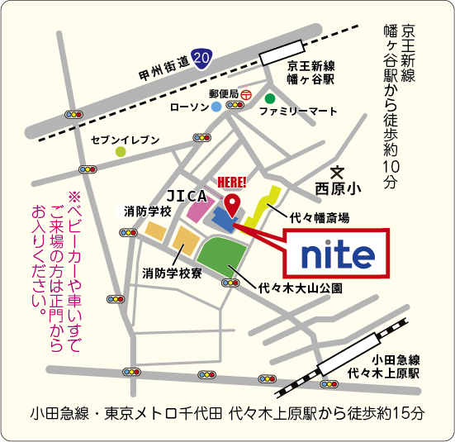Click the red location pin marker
(x=233, y=202)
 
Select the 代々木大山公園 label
(x=301, y=289)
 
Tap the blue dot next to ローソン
(x=216, y=107)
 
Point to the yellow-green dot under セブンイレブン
(x=121, y=152)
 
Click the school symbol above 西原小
(x=337, y=172)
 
